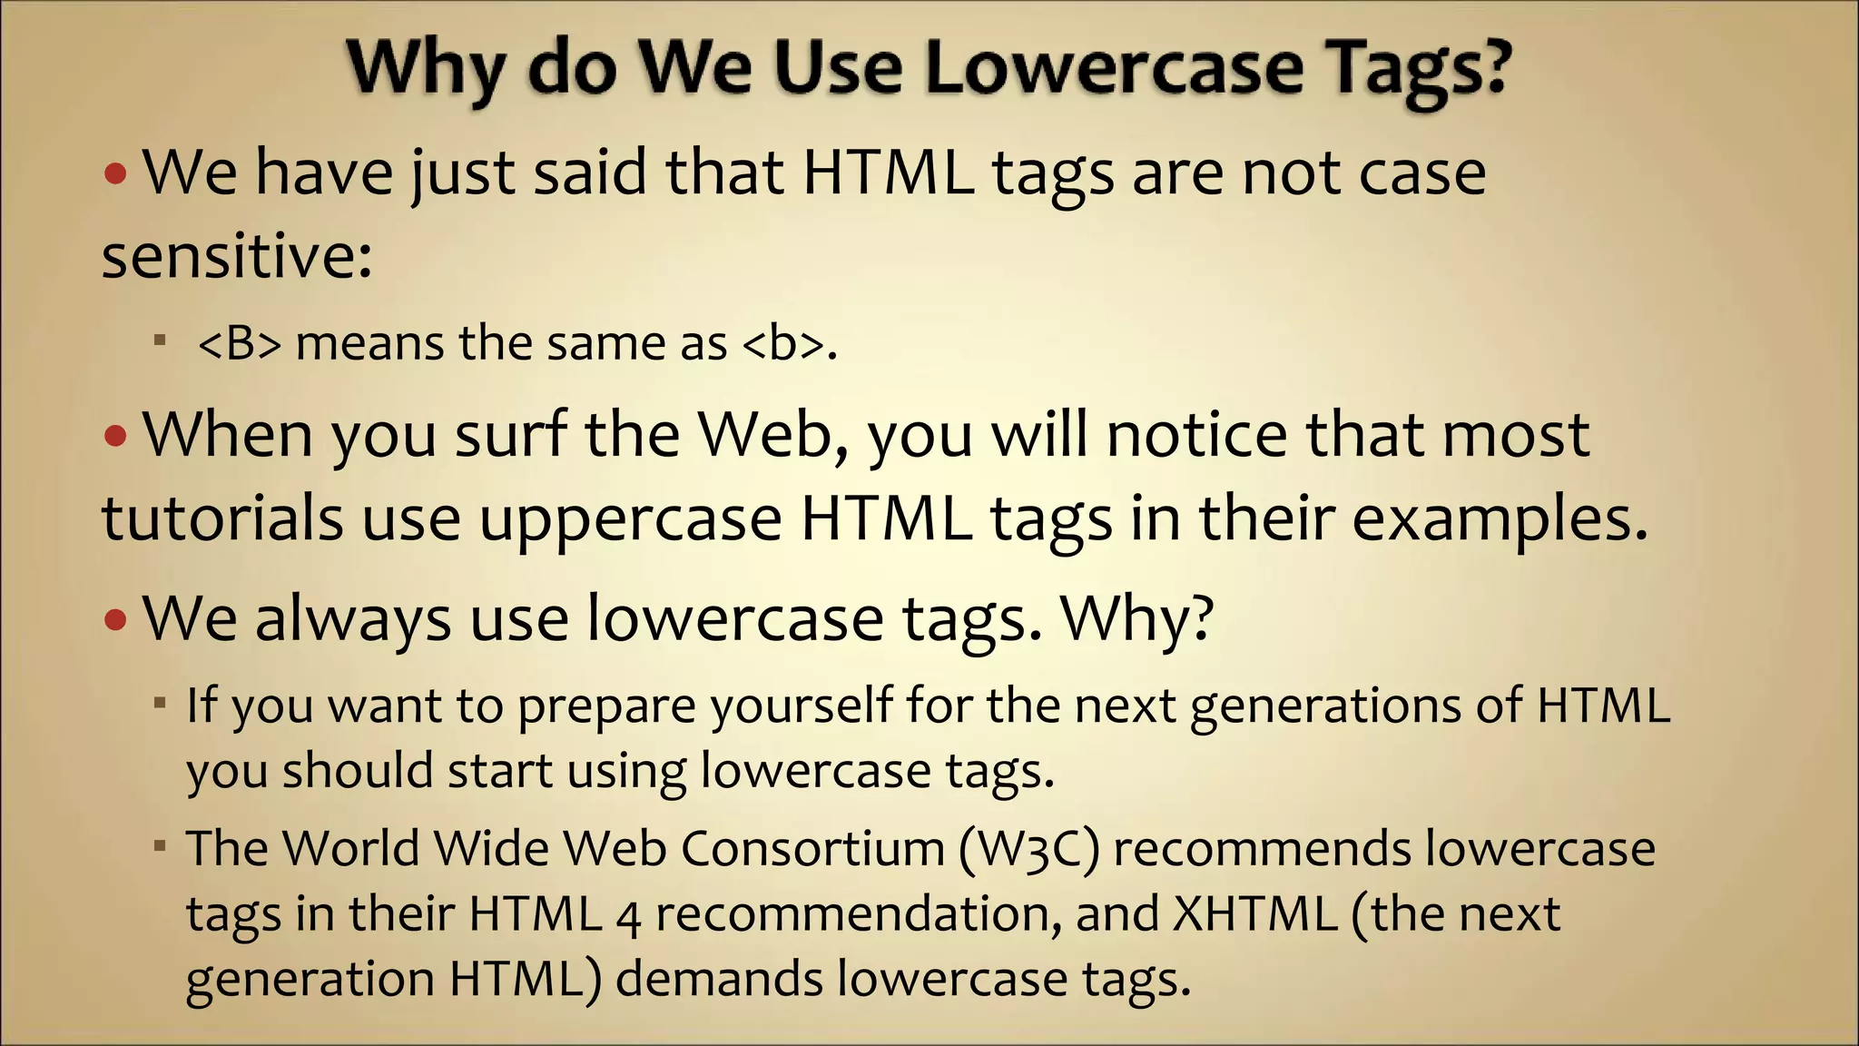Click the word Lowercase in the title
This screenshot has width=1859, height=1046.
coord(1114,68)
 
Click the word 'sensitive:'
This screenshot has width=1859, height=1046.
coord(237,256)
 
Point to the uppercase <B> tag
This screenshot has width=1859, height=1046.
coord(240,344)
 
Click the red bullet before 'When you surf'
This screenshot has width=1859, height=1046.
coord(116,437)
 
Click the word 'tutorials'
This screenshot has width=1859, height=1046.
coord(222,518)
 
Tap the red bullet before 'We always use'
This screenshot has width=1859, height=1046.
coord(116,621)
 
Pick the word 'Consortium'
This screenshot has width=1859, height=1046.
coord(812,849)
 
